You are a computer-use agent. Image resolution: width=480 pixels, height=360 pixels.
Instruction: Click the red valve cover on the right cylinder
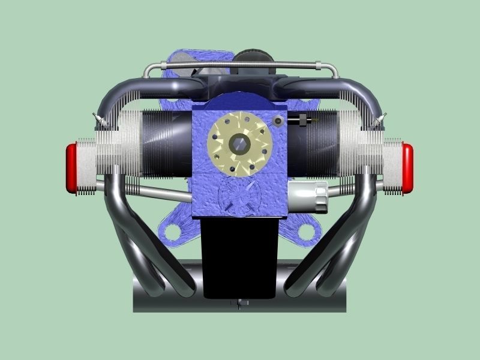tap(407, 168)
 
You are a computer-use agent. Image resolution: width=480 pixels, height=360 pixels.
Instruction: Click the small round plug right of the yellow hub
tap(277, 122)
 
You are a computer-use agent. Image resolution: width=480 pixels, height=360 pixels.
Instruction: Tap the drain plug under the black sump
tap(241, 303)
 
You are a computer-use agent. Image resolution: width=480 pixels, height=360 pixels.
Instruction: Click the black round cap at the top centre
tap(253, 58)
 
